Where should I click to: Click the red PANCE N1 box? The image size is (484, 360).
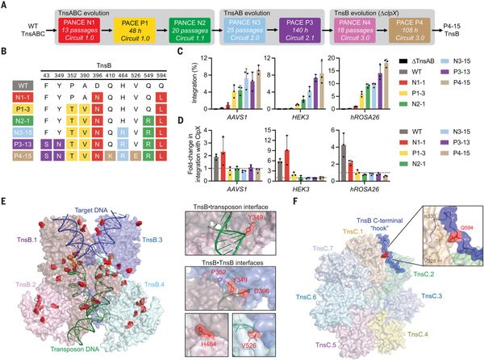click(x=82, y=33)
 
